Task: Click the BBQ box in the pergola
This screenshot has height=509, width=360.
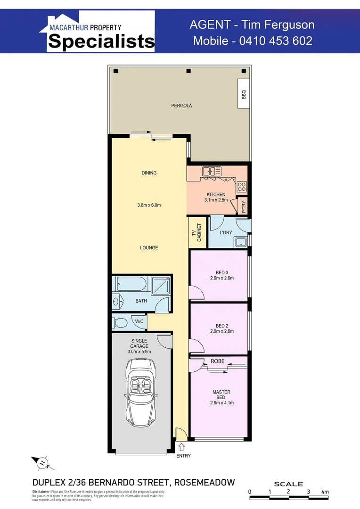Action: tap(244, 95)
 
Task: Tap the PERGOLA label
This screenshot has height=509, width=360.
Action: tap(181, 106)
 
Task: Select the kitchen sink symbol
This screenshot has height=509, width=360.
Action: tap(209, 172)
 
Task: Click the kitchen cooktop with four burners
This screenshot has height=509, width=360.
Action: tap(242, 186)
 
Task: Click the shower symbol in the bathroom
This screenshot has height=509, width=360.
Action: tap(161, 285)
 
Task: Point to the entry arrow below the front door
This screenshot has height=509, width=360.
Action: tap(182, 447)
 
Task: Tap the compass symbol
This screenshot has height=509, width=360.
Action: tap(42, 463)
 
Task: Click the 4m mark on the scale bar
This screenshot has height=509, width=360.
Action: tap(325, 492)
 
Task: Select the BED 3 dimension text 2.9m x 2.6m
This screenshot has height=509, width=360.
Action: tap(222, 278)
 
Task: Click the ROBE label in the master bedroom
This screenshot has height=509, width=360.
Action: tap(217, 361)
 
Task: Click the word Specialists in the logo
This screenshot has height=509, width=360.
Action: tap(101, 41)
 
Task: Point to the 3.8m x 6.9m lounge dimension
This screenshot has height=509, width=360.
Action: tap(149, 205)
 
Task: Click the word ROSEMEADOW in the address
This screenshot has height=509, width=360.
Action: tap(205, 482)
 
